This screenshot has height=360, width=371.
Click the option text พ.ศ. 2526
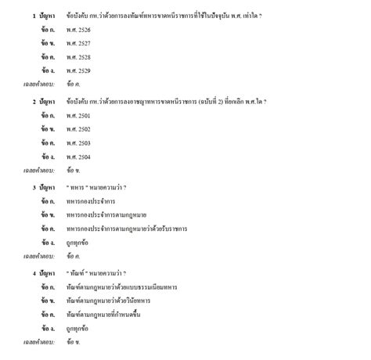(78, 30)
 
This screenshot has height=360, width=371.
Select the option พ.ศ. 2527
(78, 43)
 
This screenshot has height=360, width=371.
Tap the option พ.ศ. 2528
(78, 57)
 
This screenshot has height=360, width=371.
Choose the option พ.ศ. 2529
(78, 70)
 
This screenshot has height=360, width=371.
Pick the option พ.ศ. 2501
(78, 115)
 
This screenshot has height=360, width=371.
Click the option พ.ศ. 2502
(78, 129)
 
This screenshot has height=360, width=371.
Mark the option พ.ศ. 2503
(78, 143)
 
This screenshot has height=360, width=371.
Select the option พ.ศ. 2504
(78, 157)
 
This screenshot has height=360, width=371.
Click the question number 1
(34, 16)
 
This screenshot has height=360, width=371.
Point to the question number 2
(34, 102)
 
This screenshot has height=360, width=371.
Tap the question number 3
(34, 188)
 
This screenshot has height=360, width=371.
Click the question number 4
(34, 274)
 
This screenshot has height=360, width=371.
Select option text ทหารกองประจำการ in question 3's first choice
(88, 201)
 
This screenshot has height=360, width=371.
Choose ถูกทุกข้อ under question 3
(78, 243)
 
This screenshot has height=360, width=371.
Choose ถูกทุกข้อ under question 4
(78, 329)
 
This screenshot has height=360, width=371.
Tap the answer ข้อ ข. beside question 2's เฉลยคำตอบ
(74, 171)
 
